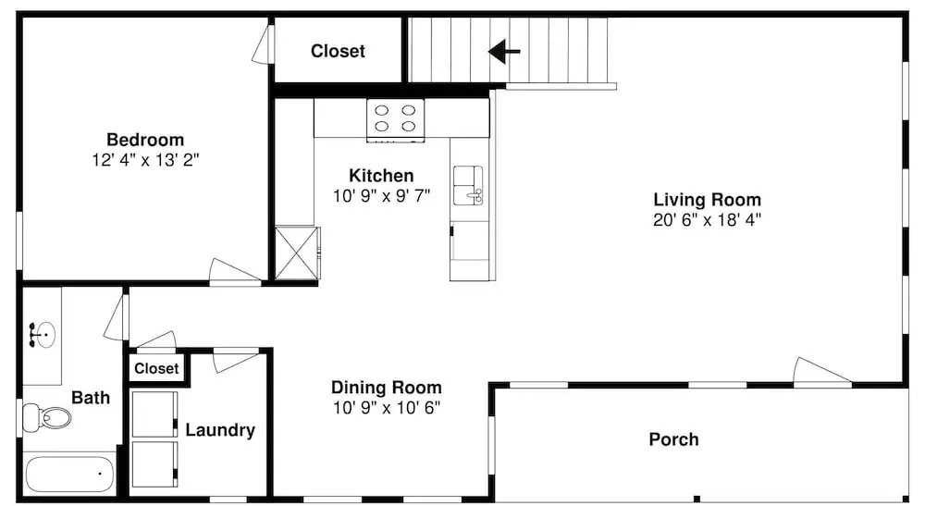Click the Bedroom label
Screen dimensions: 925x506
coord(145,140)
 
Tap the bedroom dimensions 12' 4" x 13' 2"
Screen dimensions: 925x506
coord(145,160)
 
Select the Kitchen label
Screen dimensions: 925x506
coord(381,175)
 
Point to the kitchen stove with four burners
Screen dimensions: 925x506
coord(395,120)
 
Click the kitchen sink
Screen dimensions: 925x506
coord(468,185)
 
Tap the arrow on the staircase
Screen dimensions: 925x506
coord(504,51)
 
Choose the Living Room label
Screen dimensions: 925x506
coord(707,199)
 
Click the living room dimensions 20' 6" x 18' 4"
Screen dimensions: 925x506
coord(707,219)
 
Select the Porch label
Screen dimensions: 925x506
coord(673,439)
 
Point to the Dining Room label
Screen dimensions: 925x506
coord(387,388)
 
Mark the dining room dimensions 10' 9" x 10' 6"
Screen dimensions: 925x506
coord(387,408)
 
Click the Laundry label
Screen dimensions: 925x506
coord(220,430)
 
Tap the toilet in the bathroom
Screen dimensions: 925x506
coord(46,417)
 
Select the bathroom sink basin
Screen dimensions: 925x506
coord(43,336)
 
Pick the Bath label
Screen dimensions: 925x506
coord(91,398)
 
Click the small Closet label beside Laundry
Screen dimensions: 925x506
coord(156,368)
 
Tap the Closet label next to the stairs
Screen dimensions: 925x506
coord(338,51)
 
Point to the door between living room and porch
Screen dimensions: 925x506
coord(822,372)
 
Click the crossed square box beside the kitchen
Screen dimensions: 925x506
coord(297,253)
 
